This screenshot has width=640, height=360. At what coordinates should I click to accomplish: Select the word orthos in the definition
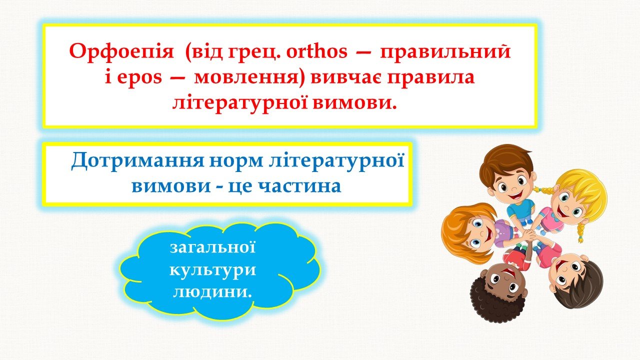(x=317, y=51)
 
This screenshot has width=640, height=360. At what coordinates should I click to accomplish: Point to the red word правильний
(x=445, y=51)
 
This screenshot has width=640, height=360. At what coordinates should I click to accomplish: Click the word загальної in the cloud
(x=213, y=247)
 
